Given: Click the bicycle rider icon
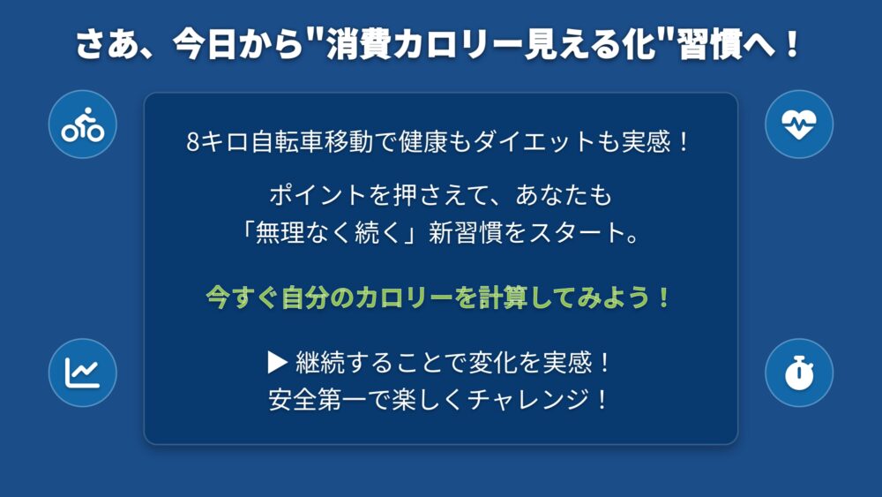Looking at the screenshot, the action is tap(83, 124).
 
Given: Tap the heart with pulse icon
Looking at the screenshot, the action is tap(799, 124).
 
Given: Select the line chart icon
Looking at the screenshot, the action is tap(83, 373).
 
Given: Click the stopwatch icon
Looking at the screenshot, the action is tap(799, 373).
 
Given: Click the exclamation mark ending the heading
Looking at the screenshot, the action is tap(793, 44).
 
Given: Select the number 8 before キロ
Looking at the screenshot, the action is tap(193, 142).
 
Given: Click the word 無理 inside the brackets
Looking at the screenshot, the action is tap(280, 232).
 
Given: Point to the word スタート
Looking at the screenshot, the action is tap(577, 232).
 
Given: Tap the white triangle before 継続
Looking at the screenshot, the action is tap(278, 363).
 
